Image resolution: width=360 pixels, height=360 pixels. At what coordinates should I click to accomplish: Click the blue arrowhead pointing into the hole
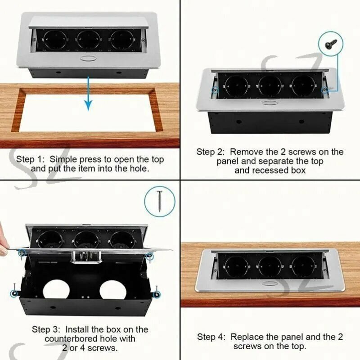point(88,105)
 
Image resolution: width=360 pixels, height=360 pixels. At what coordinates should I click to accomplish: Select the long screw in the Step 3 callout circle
point(160,201)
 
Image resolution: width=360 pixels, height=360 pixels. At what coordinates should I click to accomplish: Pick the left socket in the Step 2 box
point(237,86)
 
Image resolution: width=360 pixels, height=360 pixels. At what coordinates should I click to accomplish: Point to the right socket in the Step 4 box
point(303,266)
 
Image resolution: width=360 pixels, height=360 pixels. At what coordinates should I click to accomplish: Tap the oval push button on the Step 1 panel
point(88,59)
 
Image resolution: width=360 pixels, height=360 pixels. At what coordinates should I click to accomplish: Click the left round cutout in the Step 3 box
point(56,290)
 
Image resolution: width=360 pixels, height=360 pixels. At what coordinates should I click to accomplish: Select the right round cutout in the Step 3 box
point(113,290)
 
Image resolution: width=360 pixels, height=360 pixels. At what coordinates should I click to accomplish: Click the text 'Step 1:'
point(31,159)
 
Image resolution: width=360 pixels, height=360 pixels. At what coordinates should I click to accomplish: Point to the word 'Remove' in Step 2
point(247,152)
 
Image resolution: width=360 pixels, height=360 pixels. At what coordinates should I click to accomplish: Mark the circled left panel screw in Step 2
point(215,90)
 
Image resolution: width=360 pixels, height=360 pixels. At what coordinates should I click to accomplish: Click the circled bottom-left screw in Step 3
point(14,293)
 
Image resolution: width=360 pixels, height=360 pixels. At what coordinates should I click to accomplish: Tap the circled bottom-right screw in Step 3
point(157,294)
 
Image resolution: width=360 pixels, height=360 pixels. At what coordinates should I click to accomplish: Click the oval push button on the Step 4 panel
point(269,284)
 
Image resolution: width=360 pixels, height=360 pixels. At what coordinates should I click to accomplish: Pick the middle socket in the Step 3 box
point(86,240)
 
